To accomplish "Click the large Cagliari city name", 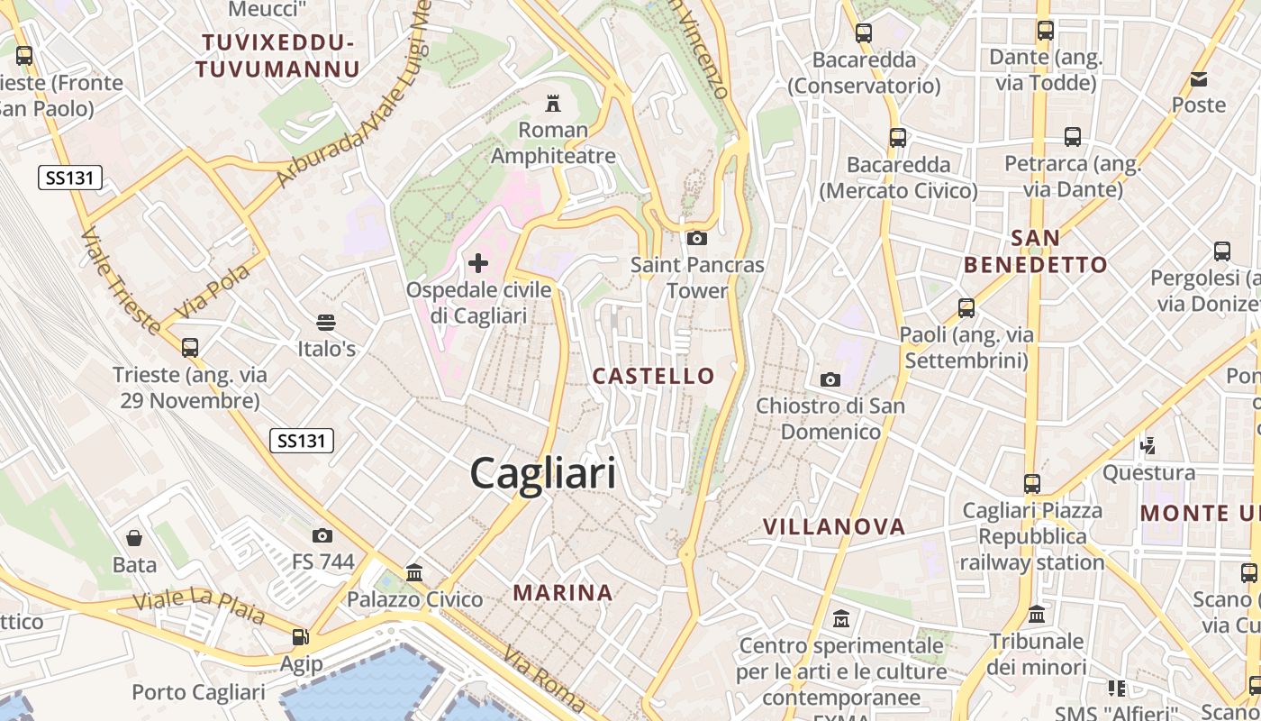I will (543, 473).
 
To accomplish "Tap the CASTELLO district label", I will (654, 376).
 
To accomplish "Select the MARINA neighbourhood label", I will (563, 592).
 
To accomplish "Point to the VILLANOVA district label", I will (834, 526).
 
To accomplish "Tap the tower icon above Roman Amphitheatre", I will (553, 103).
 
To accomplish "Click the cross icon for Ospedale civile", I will (478, 263).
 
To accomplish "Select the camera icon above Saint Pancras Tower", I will (696, 238).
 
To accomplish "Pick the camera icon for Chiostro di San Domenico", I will (830, 379).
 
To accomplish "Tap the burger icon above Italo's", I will (326, 322).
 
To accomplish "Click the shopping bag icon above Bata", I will (134, 538).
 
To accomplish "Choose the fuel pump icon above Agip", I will (300, 637).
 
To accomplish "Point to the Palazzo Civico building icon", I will (414, 572).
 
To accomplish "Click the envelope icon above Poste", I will (1199, 79).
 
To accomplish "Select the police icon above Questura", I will (1148, 444).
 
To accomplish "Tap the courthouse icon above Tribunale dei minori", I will (1037, 615).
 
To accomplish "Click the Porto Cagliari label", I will (198, 692).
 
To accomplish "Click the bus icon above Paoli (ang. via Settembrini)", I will (966, 308).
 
